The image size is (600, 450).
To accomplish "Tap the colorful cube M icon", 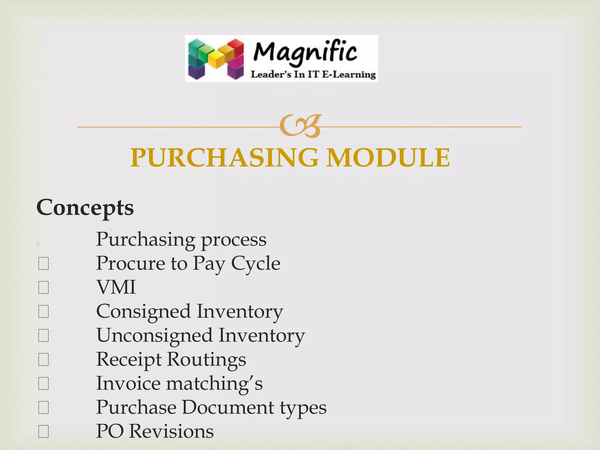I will tap(216, 59).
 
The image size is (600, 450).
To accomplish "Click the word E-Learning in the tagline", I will tap(349, 74).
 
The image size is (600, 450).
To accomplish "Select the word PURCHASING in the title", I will tap(224, 158).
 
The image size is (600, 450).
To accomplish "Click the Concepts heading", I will tap(85, 207).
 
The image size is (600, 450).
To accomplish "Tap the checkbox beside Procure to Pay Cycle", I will tap(43, 263).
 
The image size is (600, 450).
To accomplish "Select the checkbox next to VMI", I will tap(43, 287).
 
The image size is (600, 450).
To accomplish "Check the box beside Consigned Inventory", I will tap(43, 311).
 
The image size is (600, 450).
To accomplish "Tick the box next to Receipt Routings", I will tap(43, 359).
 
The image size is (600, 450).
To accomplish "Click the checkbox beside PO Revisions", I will tap(43, 432).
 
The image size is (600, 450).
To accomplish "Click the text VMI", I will tap(116, 287).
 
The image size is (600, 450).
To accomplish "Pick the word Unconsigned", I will tap(154, 335).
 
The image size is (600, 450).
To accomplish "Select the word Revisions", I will tap(171, 431).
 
